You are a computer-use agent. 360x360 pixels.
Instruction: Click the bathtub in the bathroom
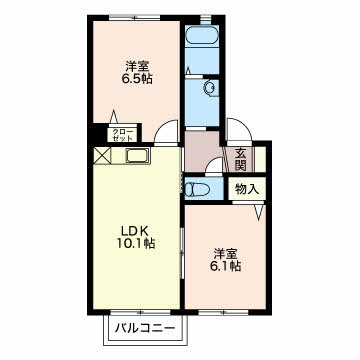coord(201,36)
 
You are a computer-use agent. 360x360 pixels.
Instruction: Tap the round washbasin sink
coord(210,88)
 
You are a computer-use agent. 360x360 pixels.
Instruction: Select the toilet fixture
coord(197,190)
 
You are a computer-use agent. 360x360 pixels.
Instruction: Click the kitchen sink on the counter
coord(138,156)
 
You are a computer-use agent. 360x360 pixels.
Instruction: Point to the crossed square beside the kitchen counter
coord(102,156)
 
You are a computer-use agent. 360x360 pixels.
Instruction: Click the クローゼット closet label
coord(122,134)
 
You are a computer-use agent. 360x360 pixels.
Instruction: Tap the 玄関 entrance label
coord(240,159)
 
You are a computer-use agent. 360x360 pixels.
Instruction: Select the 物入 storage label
coord(247,189)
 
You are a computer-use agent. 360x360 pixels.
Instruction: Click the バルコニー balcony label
coord(145,328)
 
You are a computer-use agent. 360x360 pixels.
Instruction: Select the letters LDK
coord(134,231)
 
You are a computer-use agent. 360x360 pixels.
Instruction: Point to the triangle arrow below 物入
coord(259,212)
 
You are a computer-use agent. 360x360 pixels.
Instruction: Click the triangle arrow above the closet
coord(114,117)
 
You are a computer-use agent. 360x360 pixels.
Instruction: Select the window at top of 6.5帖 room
coord(134,17)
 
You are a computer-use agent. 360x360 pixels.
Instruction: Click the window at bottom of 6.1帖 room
coord(224,313)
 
